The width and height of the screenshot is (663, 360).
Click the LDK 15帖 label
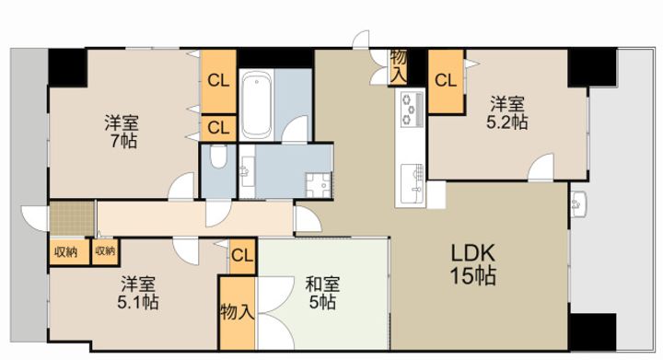tap(472, 265)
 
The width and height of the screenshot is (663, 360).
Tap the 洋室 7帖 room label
tap(122, 132)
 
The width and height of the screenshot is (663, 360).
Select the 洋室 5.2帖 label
tap(507, 113)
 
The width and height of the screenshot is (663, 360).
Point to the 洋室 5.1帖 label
tap(138, 293)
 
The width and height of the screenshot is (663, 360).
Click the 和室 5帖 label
tap(322, 293)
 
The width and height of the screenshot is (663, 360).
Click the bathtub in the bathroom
tap(257, 105)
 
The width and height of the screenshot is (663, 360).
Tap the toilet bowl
tap(218, 157)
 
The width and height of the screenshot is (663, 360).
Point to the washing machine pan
tap(320, 185)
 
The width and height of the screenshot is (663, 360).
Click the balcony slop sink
tap(578, 204)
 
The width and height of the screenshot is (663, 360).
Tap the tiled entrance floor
tap(72, 218)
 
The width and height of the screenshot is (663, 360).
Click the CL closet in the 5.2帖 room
tap(446, 81)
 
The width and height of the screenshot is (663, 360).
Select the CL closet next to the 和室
tap(243, 256)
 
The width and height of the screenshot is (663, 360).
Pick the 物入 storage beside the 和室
tap(238, 313)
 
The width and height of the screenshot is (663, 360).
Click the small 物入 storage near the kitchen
tap(399, 67)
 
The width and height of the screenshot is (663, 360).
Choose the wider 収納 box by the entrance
tap(69, 252)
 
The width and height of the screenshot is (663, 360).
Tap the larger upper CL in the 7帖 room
tap(218, 81)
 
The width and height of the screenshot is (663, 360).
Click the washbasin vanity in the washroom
tap(247, 171)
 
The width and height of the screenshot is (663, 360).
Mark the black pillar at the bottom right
tap(593, 331)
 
